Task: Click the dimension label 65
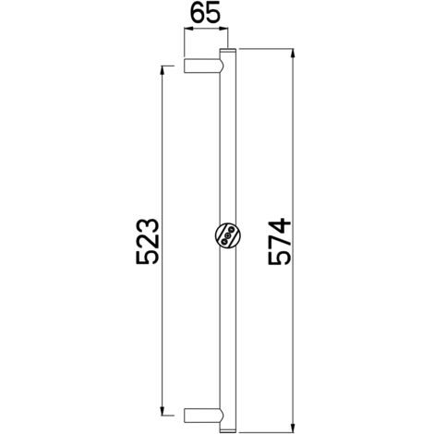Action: (x=205, y=12)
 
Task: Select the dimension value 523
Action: (x=148, y=241)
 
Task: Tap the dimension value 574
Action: (x=280, y=242)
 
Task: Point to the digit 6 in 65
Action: (x=198, y=12)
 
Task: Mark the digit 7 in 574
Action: (x=280, y=242)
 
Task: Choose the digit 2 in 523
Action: (x=148, y=242)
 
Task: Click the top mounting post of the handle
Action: (x=203, y=66)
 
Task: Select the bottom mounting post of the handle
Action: (x=203, y=416)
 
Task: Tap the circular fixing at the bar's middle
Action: (x=228, y=235)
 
